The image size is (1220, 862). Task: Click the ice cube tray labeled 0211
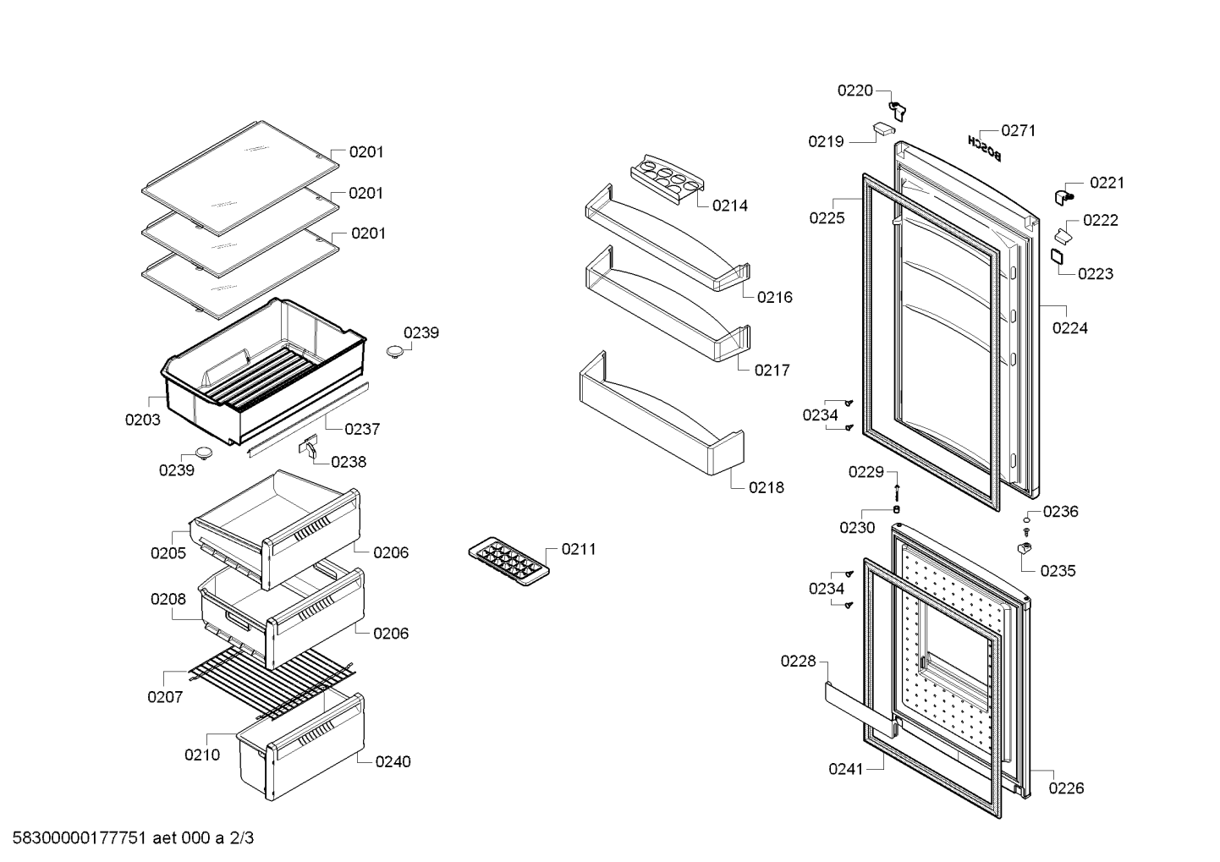pyautogui.click(x=508, y=562)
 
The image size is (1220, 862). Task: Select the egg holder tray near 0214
pyautogui.click(x=667, y=179)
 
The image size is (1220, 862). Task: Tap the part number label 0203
pyautogui.click(x=143, y=420)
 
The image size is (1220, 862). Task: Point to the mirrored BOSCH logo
pyautogui.click(x=984, y=148)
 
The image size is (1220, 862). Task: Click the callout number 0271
pyautogui.click(x=1019, y=130)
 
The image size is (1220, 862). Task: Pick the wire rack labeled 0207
pyautogui.click(x=272, y=683)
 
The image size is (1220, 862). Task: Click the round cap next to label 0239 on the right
pyautogui.click(x=396, y=351)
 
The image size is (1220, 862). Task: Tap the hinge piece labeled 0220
pyautogui.click(x=897, y=111)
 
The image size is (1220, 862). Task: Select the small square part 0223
pyautogui.click(x=1058, y=256)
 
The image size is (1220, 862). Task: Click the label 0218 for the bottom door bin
pyautogui.click(x=767, y=487)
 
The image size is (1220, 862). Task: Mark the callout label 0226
pyautogui.click(x=1066, y=788)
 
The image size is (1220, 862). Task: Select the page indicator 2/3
pyautogui.click(x=242, y=838)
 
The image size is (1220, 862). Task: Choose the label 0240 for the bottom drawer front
pyautogui.click(x=393, y=761)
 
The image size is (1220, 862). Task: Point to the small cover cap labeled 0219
pyautogui.click(x=884, y=129)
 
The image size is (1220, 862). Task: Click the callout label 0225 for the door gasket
pyautogui.click(x=827, y=217)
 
